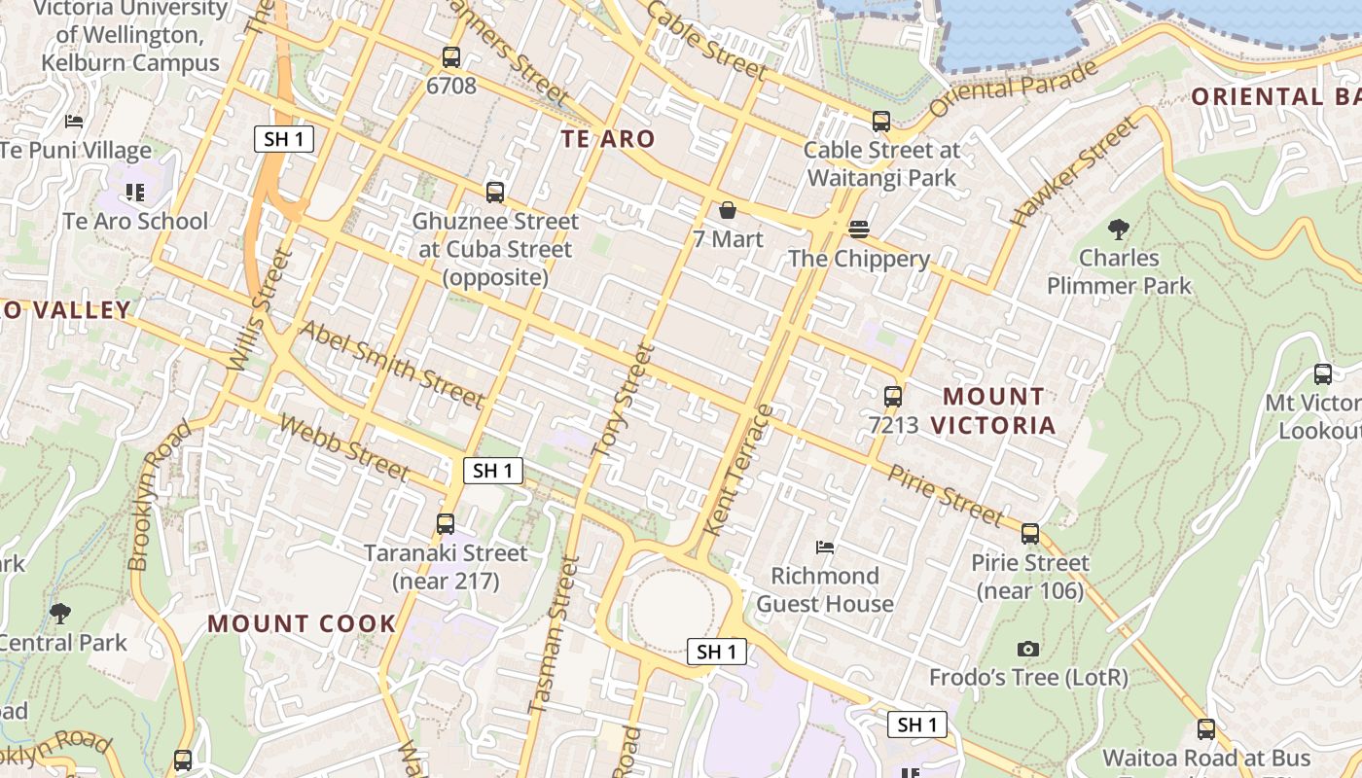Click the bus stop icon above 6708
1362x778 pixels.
[x=450, y=57]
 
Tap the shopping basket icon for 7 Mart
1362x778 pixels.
[x=727, y=210]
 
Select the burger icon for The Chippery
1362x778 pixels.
[x=858, y=230]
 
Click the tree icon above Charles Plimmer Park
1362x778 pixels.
[x=1119, y=230]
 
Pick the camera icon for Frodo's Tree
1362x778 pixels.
[x=1028, y=649]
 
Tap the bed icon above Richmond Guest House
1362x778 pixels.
[x=825, y=548]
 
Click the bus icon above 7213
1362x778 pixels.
[x=893, y=397]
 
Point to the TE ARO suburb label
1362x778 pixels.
[x=608, y=139]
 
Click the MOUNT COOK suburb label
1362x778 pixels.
[x=302, y=623]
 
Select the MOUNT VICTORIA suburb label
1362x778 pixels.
[x=993, y=410]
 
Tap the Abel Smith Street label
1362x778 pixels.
[x=391, y=364]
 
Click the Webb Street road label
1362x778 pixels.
[x=344, y=447]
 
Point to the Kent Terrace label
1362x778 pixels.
[x=736, y=471]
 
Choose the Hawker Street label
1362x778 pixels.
[x=1074, y=173]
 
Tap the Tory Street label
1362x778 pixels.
[x=622, y=401]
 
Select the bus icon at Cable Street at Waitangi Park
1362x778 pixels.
[x=881, y=122]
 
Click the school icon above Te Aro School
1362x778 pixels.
[x=135, y=193]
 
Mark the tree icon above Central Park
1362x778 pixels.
[x=60, y=613]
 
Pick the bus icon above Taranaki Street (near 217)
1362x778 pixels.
[x=446, y=524]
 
